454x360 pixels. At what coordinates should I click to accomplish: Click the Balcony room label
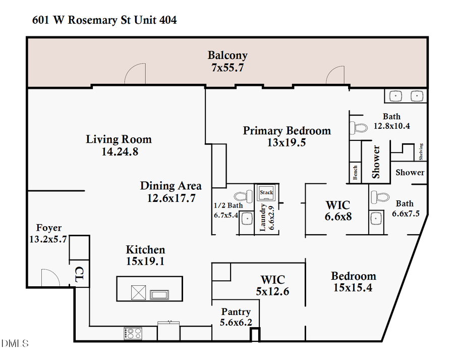tap(228, 55)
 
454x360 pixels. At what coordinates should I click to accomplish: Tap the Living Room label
tap(119, 139)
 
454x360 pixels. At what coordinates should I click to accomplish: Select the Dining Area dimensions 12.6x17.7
tap(171, 198)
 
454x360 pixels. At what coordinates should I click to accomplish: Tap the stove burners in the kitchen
tap(133, 333)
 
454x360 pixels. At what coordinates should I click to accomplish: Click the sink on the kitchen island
tap(161, 294)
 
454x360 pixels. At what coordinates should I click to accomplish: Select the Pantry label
tap(236, 312)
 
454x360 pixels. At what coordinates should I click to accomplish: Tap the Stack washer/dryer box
tap(266, 192)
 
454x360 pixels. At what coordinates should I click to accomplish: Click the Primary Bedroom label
tap(287, 131)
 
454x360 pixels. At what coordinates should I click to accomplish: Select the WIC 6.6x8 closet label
tap(338, 205)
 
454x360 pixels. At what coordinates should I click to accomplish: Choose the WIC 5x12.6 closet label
tap(272, 280)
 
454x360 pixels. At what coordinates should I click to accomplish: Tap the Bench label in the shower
tap(355, 173)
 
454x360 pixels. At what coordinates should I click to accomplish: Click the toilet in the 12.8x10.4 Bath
tap(360, 127)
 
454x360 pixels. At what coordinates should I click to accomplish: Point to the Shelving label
tap(421, 151)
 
